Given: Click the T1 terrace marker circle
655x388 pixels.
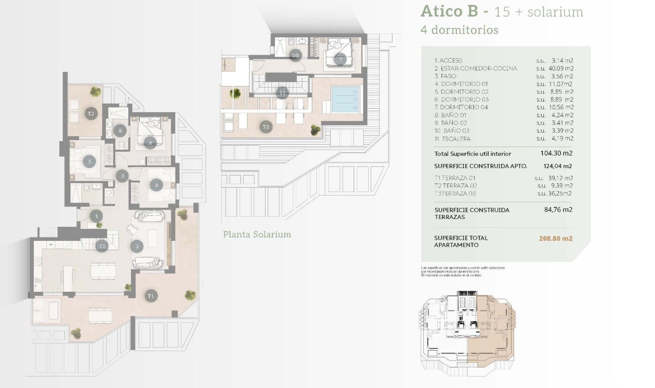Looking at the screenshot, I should pos(151,296).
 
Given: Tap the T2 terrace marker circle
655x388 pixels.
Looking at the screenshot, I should pos(91,113).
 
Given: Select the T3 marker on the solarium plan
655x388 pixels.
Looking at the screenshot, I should pos(266,127).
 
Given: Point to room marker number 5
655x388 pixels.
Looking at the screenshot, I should pos(90,161).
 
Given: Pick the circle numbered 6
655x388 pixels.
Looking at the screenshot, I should pos(156,185).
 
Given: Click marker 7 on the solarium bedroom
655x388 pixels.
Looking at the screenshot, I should pos(341,59).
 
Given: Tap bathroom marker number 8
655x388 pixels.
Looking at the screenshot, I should pos(120,131).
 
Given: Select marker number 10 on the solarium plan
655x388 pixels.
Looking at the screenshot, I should pos(295,55).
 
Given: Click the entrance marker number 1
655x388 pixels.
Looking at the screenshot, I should pos(97,216).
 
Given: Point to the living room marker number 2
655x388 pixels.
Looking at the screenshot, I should pos(137,245).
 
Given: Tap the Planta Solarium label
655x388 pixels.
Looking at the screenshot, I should pos(257,234).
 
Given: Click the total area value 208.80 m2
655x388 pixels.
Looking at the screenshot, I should pos(555,238).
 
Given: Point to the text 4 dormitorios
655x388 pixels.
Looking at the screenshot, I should pos(459,30).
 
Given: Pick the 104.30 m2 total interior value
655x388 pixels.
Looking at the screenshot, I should pos(556,154).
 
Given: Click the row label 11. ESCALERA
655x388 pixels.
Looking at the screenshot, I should pos(452,139).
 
